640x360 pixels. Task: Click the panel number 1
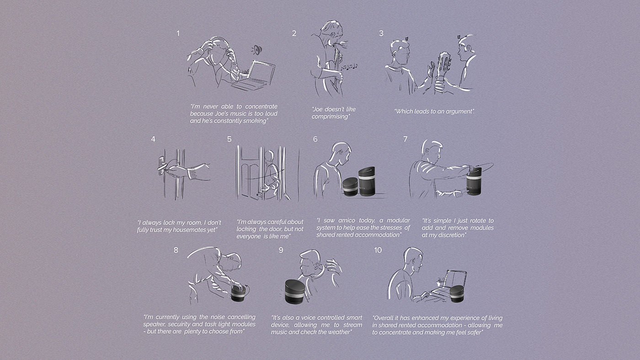(x=178, y=34)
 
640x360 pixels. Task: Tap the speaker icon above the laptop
(x=257, y=50)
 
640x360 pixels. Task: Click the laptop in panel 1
(x=253, y=75)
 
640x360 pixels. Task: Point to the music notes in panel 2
(x=349, y=67)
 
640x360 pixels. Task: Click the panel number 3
(x=381, y=33)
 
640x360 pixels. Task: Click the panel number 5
(x=229, y=139)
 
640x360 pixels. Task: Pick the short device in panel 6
(x=350, y=187)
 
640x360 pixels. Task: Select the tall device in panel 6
(x=367, y=181)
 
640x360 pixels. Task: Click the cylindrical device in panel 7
(x=474, y=181)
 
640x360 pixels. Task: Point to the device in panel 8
(x=238, y=293)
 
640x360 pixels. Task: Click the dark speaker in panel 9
(x=295, y=291)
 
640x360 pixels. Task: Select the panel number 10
(x=378, y=250)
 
